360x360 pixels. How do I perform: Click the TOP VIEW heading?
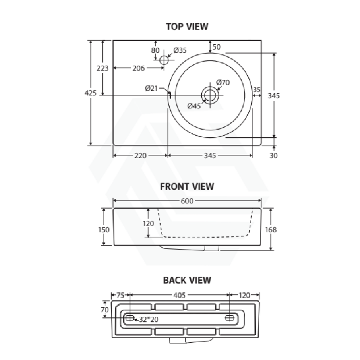click(187, 26)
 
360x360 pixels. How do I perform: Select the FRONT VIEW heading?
click(187, 186)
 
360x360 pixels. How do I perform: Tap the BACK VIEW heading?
click(187, 280)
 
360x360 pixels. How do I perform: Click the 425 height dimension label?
click(90, 93)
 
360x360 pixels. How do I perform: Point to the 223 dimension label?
click(102, 68)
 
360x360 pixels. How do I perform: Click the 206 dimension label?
click(139, 68)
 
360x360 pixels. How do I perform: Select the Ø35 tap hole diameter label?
click(180, 50)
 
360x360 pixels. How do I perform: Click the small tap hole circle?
click(164, 60)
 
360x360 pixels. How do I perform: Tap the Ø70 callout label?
click(223, 82)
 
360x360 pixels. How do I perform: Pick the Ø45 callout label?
click(194, 106)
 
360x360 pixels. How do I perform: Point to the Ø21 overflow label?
click(151, 88)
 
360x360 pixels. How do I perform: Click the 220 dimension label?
click(140, 156)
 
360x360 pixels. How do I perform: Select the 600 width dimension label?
click(187, 201)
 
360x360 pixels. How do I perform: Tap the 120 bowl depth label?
click(148, 223)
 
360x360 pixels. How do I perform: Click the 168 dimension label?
click(271, 230)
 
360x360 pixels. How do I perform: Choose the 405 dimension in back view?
click(179, 295)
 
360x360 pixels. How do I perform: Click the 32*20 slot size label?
click(148, 319)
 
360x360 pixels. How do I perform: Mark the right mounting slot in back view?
click(230, 318)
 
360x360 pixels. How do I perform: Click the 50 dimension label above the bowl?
click(216, 47)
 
